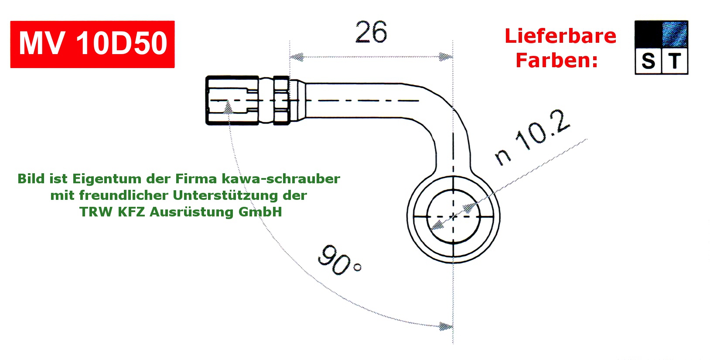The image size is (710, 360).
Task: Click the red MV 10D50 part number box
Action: (x=92, y=44)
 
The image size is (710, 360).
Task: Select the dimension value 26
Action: (x=371, y=32)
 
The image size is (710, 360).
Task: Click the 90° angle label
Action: (x=339, y=261)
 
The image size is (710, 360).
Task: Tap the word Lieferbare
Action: (x=560, y=36)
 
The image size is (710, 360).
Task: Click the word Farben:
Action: (x=556, y=60)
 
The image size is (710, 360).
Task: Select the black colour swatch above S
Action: (x=648, y=34)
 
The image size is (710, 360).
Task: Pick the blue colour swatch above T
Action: (x=675, y=34)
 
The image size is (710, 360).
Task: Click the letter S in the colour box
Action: (x=648, y=62)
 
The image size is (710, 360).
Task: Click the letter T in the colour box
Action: (x=675, y=61)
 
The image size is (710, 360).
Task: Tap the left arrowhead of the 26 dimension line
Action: (x=297, y=57)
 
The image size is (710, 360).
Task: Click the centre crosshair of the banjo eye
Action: (x=454, y=216)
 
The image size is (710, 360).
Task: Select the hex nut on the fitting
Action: (x=281, y=100)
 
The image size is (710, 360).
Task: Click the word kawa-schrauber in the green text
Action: (x=281, y=179)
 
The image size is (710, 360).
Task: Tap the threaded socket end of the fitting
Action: (x=231, y=100)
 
